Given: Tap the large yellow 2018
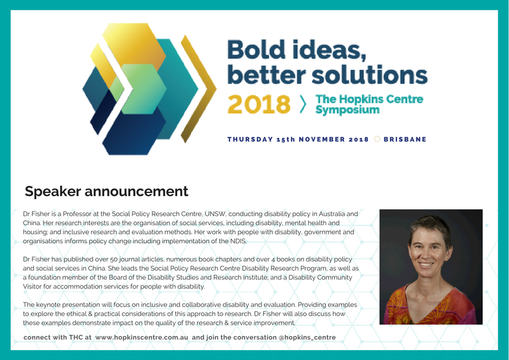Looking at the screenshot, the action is point(258,105).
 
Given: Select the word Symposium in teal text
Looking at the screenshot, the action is point(347,110).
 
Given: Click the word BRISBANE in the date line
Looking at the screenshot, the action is point(405,139).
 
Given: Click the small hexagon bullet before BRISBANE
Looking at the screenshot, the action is point(377,139).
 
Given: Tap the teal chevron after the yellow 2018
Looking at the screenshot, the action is point(303,104).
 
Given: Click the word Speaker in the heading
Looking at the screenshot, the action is point(53,192).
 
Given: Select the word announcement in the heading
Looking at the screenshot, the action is point(136,192).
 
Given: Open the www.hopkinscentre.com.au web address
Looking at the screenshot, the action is point(142,337).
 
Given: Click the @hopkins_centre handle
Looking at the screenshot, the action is point(307,337).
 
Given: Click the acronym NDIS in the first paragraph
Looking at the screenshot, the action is point(238,241).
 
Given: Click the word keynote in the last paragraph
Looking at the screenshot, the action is point(48,305).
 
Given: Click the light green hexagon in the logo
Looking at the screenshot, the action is point(140,89).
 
